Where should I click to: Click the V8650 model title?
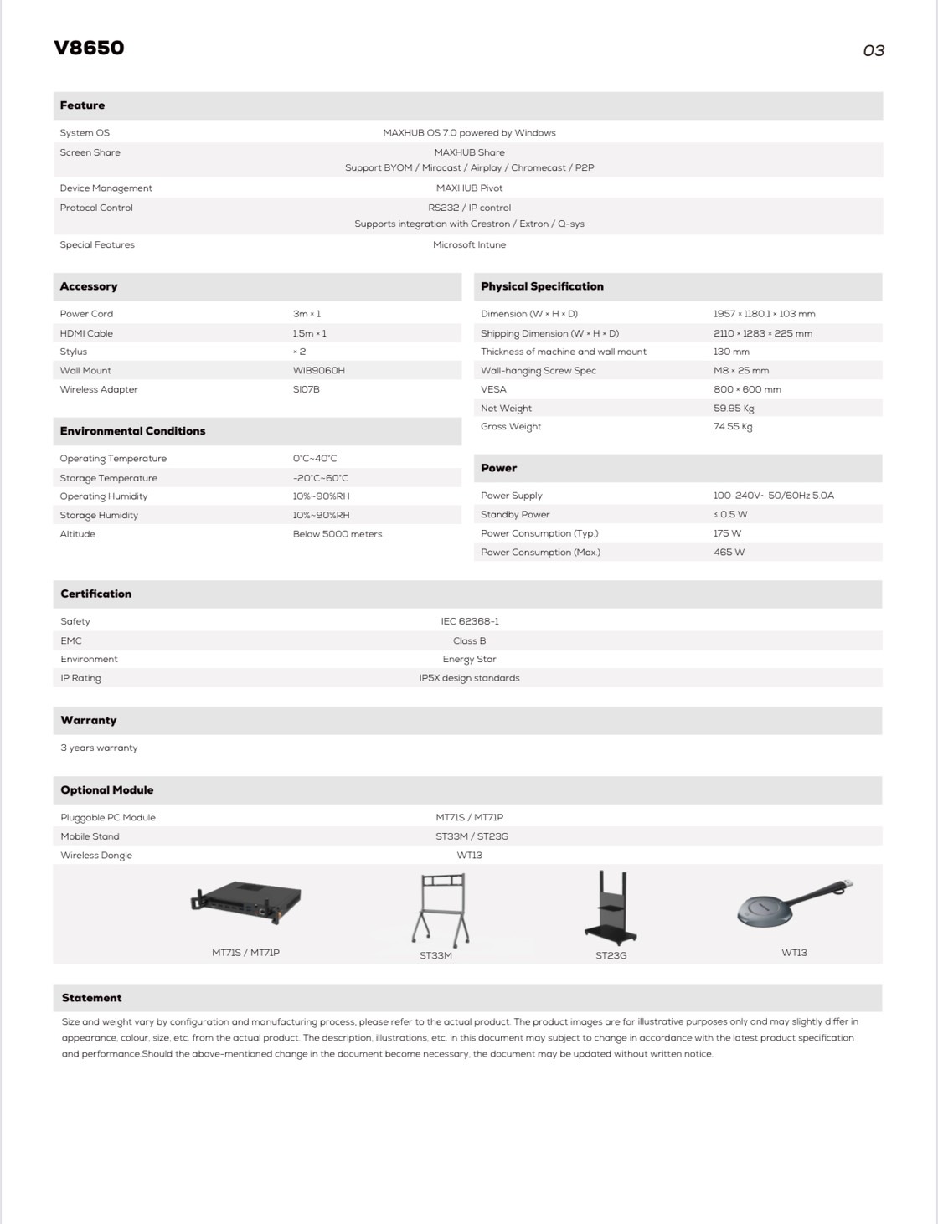(x=89, y=48)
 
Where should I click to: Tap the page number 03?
(x=873, y=51)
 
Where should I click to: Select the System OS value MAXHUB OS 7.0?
(x=469, y=133)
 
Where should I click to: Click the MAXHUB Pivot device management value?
(x=469, y=188)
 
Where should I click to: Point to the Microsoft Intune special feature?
(x=469, y=245)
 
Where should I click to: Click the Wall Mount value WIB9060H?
(x=318, y=371)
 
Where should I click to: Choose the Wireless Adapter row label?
(x=99, y=390)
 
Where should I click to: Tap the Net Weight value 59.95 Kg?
(x=734, y=409)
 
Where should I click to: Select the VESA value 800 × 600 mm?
(x=747, y=390)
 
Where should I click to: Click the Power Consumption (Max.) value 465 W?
(x=729, y=553)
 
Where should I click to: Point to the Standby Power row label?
(x=515, y=515)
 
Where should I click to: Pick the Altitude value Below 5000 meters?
(x=337, y=534)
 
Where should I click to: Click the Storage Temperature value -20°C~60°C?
(x=320, y=478)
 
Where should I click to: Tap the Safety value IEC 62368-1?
(x=469, y=622)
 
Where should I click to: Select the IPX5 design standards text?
(x=469, y=678)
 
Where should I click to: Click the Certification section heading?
(x=95, y=594)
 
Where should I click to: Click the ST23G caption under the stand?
(x=611, y=955)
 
